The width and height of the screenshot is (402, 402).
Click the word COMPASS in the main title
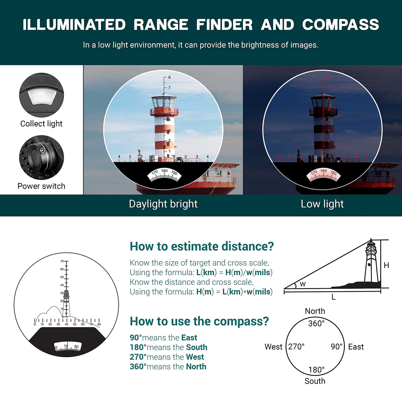pyautogui.click(x=341, y=25)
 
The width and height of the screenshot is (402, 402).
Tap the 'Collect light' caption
pyautogui.click(x=41, y=124)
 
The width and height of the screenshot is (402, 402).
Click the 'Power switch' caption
pyautogui.click(x=41, y=186)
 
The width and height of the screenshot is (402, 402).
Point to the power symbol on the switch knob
pyautogui.click(x=42, y=150)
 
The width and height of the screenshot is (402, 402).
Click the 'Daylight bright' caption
pyautogui.click(x=163, y=204)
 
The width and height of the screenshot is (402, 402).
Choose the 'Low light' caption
pyautogui.click(x=322, y=204)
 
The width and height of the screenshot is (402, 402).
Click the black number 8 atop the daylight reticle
pyautogui.click(x=169, y=78)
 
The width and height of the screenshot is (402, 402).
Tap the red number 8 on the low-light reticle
pyautogui.click(x=328, y=78)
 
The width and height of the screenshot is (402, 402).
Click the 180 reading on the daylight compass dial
pyautogui.click(x=164, y=171)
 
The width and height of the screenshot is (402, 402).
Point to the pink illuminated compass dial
pyautogui.click(x=324, y=174)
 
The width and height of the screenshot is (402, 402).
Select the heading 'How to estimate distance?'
pyautogui.click(x=202, y=246)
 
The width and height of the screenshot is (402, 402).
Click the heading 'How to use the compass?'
pyautogui.click(x=199, y=321)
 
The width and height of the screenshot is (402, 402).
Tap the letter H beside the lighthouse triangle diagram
pyautogui.click(x=386, y=265)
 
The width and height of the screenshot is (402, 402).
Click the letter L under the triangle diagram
pyautogui.click(x=333, y=297)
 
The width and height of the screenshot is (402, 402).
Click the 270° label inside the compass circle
pyautogui.click(x=296, y=347)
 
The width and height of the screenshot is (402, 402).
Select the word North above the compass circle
pyautogui.click(x=315, y=311)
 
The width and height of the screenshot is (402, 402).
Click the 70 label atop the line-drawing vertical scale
pyautogui.click(x=62, y=261)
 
